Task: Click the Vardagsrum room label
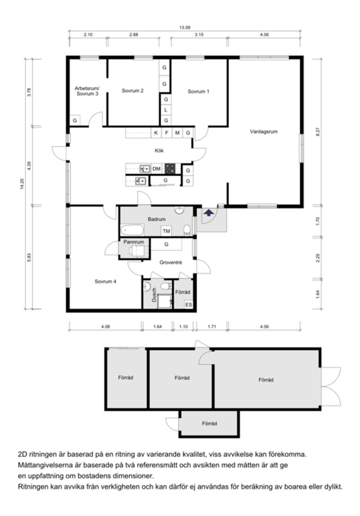coord(264,132)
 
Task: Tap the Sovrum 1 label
coord(198,91)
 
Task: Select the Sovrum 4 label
coord(105,281)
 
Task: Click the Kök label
coord(159,151)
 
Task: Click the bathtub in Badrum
coord(133,229)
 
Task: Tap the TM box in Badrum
coord(166,231)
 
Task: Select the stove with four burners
coord(170,169)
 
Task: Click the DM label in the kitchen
coord(156,169)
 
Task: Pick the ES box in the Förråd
coord(188,305)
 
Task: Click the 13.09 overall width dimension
coord(184,27)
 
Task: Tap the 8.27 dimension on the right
coord(317,132)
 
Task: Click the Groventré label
coord(171,263)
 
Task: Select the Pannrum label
coord(133,242)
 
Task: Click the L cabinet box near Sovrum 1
coord(165,110)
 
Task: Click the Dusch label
coord(154,295)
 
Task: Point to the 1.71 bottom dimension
coord(212,327)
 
